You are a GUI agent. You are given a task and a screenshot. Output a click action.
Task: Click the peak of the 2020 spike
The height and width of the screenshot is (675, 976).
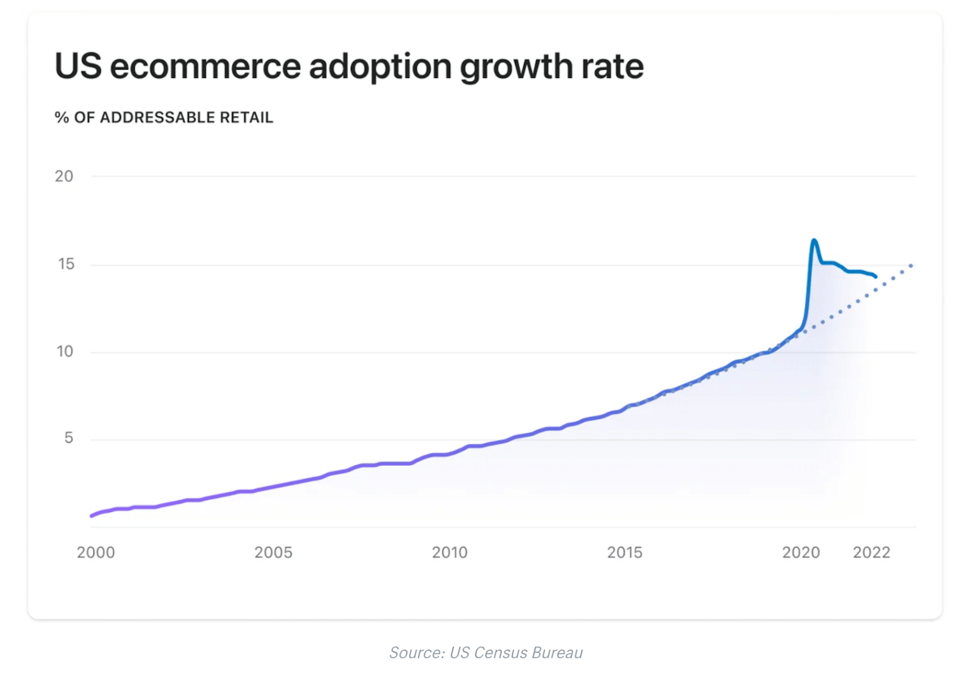click(814, 240)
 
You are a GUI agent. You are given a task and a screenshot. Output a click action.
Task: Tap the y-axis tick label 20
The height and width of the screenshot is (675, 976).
click(64, 176)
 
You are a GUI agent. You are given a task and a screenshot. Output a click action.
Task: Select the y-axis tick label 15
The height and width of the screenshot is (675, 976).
click(66, 264)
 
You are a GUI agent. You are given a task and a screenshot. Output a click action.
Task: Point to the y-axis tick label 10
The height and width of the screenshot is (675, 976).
click(65, 352)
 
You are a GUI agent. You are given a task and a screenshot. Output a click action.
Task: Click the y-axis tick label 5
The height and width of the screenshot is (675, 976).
click(68, 438)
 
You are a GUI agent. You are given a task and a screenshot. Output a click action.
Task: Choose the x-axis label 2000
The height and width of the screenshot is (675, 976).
click(96, 552)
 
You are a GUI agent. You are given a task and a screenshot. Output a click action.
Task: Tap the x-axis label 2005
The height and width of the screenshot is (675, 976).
click(273, 552)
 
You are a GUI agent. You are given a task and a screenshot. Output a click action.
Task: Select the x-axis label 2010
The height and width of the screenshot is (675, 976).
click(450, 552)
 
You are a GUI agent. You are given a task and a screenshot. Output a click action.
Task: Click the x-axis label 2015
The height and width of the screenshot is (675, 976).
click(625, 552)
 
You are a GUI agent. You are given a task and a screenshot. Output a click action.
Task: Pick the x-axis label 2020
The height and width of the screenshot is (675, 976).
click(801, 552)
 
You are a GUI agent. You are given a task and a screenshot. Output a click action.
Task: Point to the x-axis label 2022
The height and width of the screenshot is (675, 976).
click(872, 552)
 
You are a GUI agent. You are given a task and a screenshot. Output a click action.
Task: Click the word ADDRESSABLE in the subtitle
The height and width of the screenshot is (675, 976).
click(157, 117)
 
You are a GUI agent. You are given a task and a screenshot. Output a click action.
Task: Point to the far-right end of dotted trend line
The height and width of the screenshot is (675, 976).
click(911, 265)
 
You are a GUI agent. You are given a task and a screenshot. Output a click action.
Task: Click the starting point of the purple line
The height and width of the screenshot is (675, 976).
click(91, 516)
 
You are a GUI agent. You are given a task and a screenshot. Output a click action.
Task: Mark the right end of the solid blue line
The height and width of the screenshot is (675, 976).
click(876, 276)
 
